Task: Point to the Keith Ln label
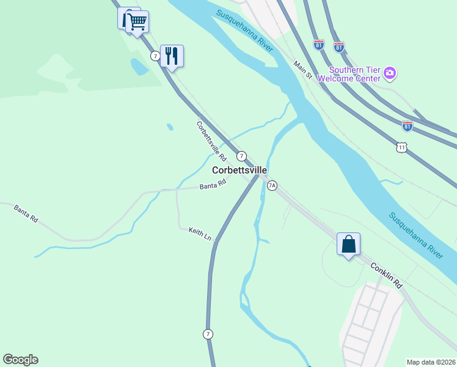pyautogui.click(x=200, y=233)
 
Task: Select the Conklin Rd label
pyautogui.click(x=386, y=275)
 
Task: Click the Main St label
pyautogui.click(x=302, y=70)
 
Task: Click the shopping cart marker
pyautogui.click(x=137, y=23)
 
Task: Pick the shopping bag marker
pyautogui.click(x=348, y=244)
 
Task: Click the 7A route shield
pyautogui.click(x=272, y=185)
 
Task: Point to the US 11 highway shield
pyautogui.click(x=401, y=147)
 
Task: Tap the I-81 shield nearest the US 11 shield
pyautogui.click(x=408, y=125)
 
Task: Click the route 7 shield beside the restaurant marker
pyautogui.click(x=156, y=56)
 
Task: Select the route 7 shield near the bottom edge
pyautogui.click(x=208, y=333)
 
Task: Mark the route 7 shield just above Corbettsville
pyautogui.click(x=241, y=156)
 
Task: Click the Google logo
pyautogui.click(x=20, y=360)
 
